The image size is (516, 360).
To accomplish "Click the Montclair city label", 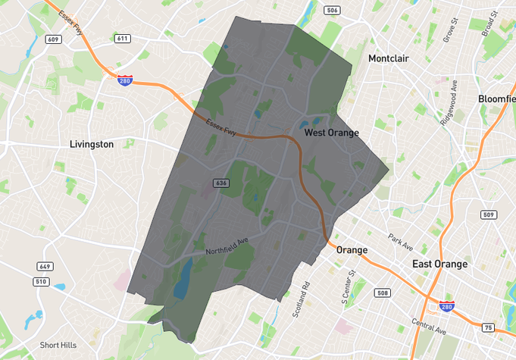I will click(x=393, y=58).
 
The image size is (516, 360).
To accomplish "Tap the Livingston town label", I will click(x=91, y=144).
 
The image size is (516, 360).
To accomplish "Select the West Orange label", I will click(x=331, y=133).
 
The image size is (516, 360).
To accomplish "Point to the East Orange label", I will click(x=439, y=264).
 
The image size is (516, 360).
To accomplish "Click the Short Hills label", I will click(x=58, y=345).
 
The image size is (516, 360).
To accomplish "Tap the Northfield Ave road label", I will click(x=227, y=246).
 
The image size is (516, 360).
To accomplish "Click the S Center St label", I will click(x=352, y=285).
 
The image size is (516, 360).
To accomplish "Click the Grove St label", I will click(x=452, y=30).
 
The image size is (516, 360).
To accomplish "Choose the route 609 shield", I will click(x=52, y=39).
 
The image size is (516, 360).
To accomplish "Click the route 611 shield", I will click(x=123, y=39).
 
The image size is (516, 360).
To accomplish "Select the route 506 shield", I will click(x=331, y=10).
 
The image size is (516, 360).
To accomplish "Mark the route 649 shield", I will click(x=45, y=267).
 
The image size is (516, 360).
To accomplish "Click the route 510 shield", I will click(x=41, y=282).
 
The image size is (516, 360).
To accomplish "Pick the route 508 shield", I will click(x=383, y=293).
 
